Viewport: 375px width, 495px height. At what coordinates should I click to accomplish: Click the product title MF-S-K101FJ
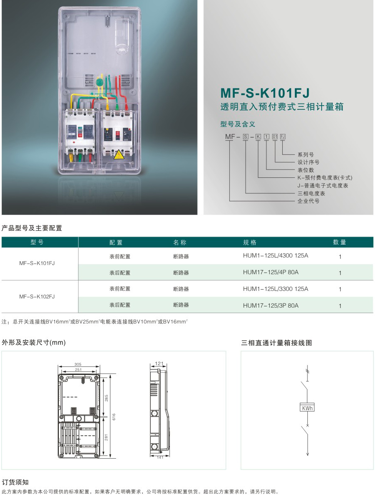265,92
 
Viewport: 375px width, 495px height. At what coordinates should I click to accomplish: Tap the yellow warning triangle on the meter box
119,154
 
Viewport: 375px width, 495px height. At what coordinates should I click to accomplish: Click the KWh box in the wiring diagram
307,408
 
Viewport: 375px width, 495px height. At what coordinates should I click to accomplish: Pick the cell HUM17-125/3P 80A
271,306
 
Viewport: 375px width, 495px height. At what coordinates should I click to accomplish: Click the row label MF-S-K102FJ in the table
37,297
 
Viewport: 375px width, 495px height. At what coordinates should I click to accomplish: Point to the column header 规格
250,242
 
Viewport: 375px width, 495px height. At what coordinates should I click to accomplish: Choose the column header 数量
340,242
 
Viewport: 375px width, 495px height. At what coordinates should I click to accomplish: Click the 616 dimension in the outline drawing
114,417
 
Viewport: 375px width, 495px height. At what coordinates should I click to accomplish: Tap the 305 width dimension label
78,364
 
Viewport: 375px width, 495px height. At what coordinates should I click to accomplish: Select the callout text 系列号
305,154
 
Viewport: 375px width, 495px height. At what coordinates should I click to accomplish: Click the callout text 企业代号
308,201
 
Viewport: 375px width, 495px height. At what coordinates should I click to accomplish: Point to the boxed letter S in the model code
246,136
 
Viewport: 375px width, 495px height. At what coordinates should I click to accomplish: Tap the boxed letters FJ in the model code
283,136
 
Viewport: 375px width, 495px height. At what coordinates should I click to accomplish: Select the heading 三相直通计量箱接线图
276,343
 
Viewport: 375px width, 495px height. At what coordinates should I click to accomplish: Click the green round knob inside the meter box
100,82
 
